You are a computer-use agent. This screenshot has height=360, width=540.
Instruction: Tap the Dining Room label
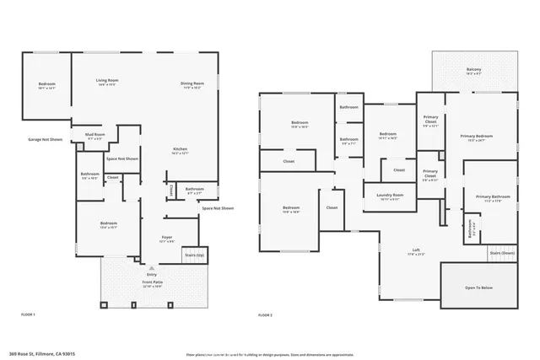pos(192,83)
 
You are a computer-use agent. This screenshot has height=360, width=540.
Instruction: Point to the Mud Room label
pos(94,135)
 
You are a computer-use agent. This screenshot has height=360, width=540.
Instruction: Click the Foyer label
pos(167,238)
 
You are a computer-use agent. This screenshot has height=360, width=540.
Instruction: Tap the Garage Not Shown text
pos(45,139)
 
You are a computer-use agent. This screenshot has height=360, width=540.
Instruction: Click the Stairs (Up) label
pos(195,254)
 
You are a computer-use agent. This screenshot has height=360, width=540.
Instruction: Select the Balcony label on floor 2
pos(475,70)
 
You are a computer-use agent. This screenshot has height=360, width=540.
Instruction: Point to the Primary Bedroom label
pos(477,137)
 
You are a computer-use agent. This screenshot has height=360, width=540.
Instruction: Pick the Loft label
pos(416,250)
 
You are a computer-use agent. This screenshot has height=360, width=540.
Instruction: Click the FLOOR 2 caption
pos(266,314)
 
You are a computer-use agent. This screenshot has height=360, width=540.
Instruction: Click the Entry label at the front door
pos(152,275)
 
